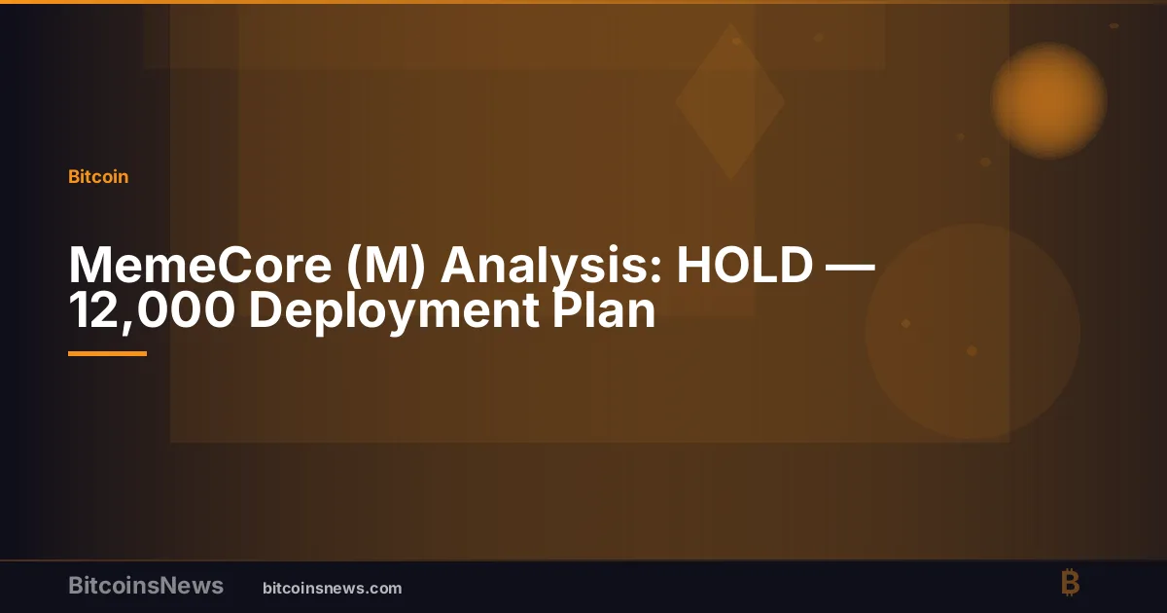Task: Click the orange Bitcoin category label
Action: pyautogui.click(x=98, y=177)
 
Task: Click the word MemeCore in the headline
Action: pyautogui.click(x=200, y=265)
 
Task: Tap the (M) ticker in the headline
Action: pyautogui.click(x=386, y=266)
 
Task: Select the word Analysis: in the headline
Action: pyautogui.click(x=551, y=267)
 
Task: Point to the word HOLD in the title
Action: pyautogui.click(x=745, y=265)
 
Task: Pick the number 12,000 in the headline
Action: pyautogui.click(x=151, y=311)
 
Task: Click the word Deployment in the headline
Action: pyautogui.click(x=394, y=311)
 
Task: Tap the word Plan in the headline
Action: pyautogui.click(x=603, y=309)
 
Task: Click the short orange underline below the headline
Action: pyautogui.click(x=107, y=354)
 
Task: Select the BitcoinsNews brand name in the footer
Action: pyautogui.click(x=146, y=586)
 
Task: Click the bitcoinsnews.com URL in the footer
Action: pyautogui.click(x=333, y=589)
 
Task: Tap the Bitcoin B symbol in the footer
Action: pyautogui.click(x=1070, y=582)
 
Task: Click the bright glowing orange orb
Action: pyautogui.click(x=1048, y=100)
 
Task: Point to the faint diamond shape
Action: pyautogui.click(x=730, y=101)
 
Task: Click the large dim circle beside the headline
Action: pyautogui.click(x=972, y=332)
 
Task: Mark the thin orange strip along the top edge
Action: pyautogui.click(x=583, y=2)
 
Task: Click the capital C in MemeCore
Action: pyautogui.click(x=232, y=265)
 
